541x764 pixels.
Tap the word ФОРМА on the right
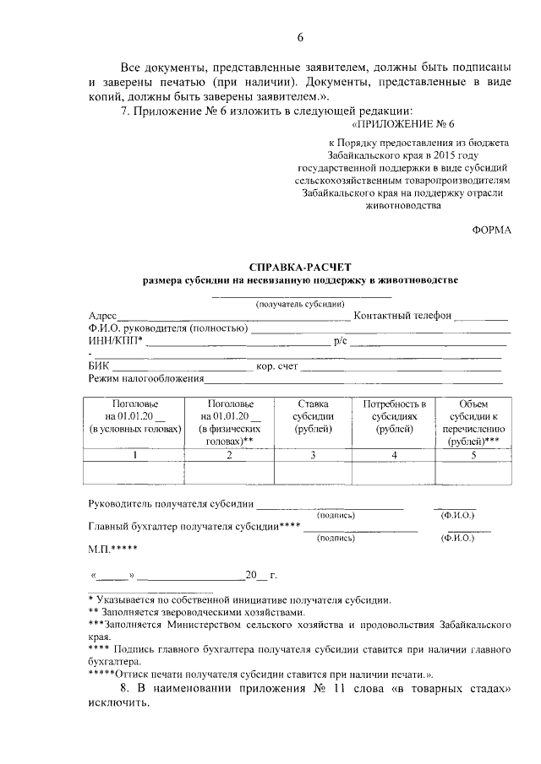[491, 230]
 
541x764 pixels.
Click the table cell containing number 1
[136, 456]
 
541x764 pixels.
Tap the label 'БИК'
[99, 367]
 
